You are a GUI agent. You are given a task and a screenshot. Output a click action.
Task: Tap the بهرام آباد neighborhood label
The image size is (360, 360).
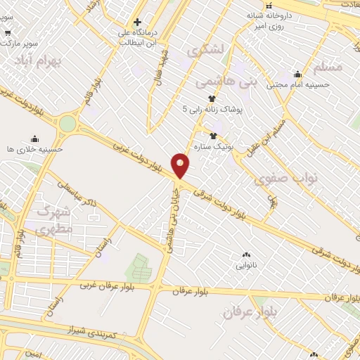(x=38, y=61)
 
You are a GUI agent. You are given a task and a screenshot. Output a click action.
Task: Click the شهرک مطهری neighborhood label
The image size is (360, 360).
(x=52, y=221)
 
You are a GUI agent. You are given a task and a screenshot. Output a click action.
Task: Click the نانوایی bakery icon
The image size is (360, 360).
(x=245, y=255)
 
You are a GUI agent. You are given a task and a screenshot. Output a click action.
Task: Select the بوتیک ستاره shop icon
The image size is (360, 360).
(x=212, y=135)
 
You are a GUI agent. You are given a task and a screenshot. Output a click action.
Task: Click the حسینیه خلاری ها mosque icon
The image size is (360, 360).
(x=34, y=139)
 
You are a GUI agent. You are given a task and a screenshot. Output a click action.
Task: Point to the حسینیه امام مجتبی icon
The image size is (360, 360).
(x=297, y=75)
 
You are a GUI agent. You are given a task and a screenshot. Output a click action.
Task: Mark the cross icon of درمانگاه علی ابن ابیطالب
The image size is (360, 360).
(x=138, y=22)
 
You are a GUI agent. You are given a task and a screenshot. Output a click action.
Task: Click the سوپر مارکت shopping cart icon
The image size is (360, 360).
(x=8, y=32)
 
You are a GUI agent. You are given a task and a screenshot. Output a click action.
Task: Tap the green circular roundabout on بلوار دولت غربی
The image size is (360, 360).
(x=67, y=124)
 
